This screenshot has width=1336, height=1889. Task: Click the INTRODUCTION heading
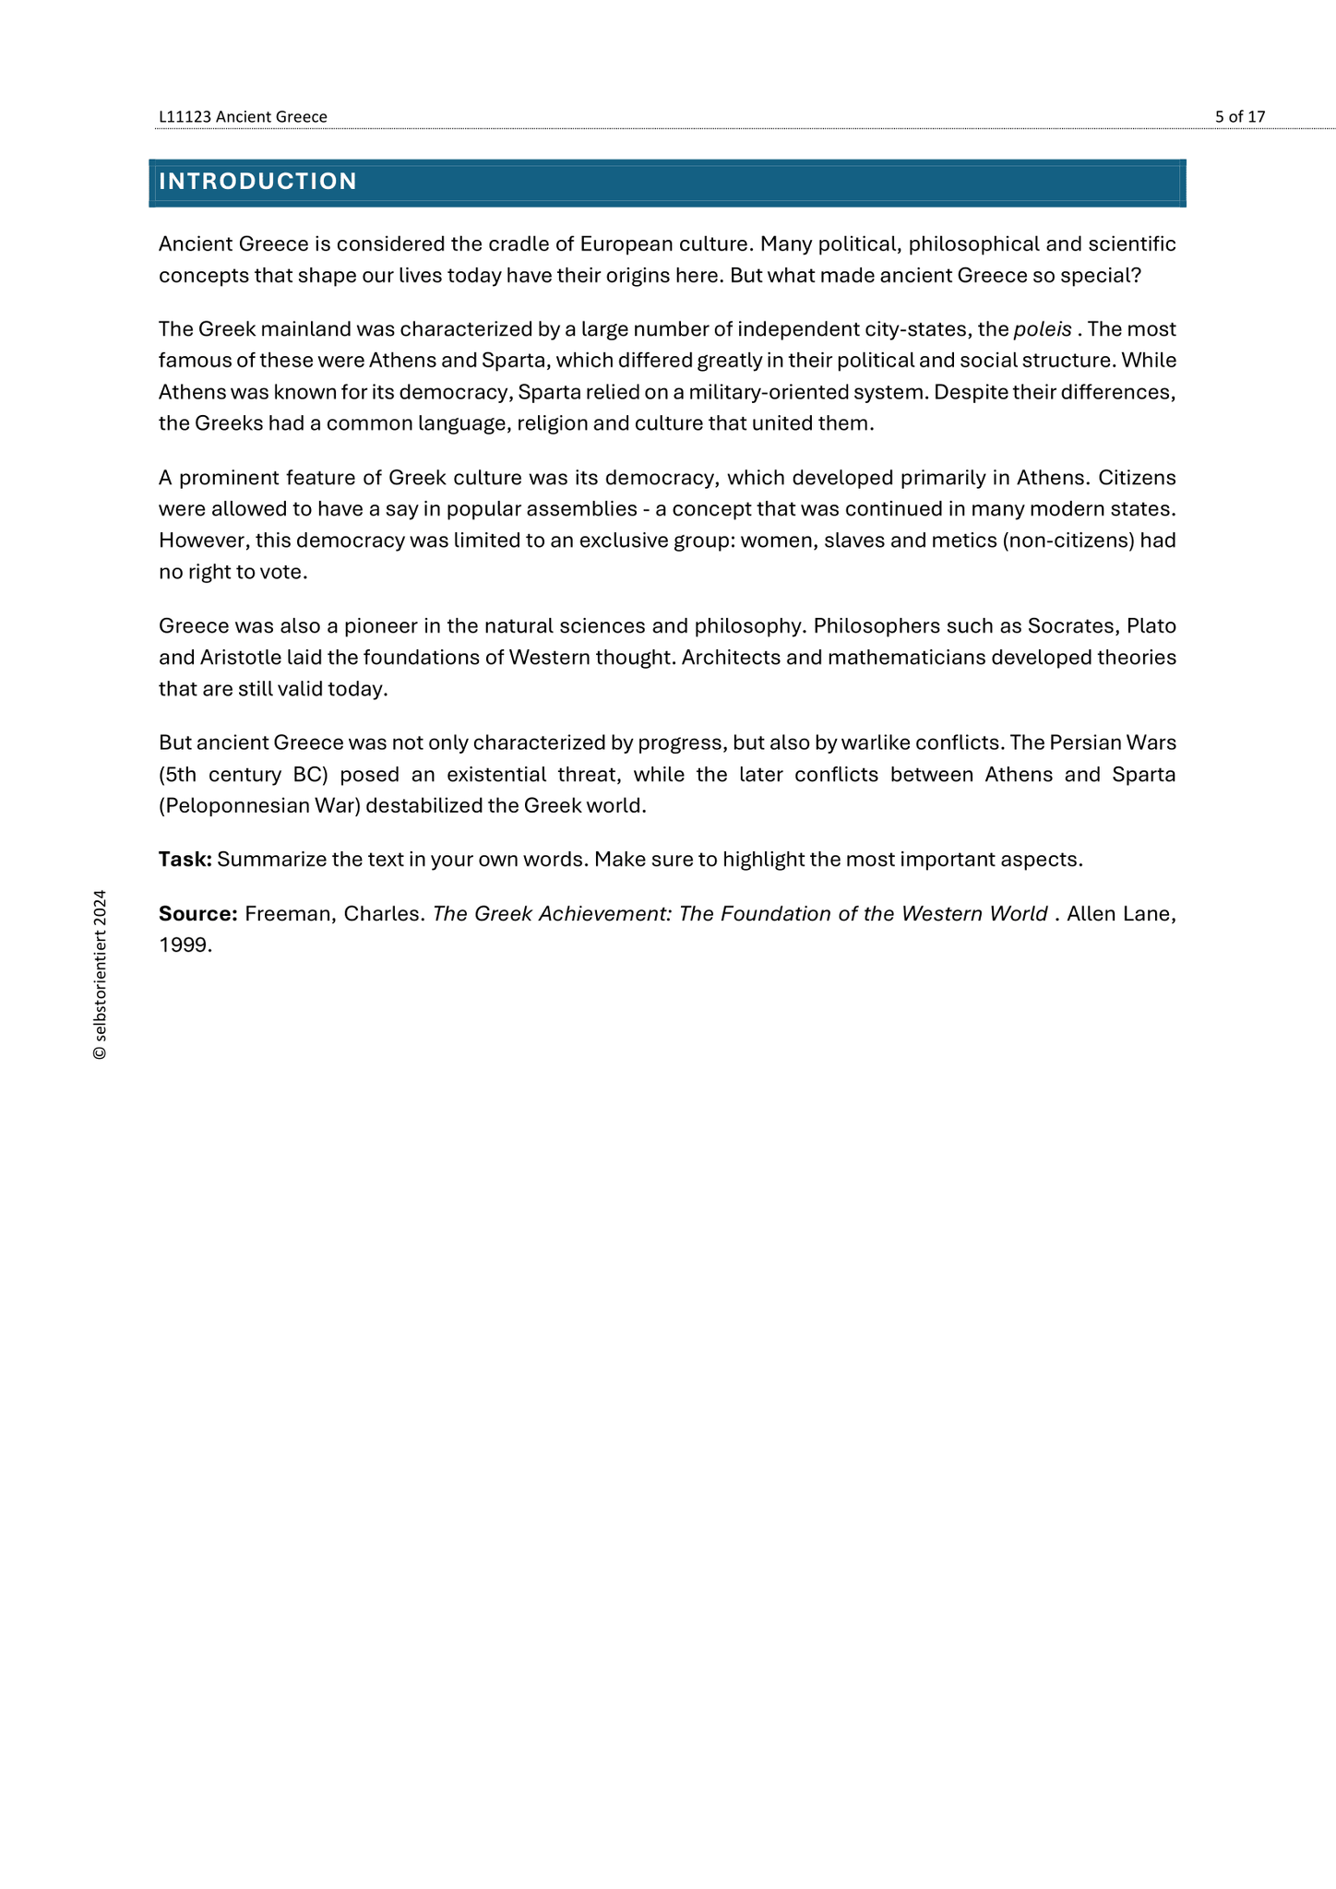pyautogui.click(x=257, y=182)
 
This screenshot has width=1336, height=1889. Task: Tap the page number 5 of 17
pyautogui.click(x=1239, y=117)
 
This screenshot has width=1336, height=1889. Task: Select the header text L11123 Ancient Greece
pyautogui.click(x=243, y=117)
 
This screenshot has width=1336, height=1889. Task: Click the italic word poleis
pyautogui.click(x=1043, y=329)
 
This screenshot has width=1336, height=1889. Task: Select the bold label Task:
pyautogui.click(x=185, y=860)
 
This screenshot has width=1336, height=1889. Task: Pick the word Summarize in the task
pyautogui.click(x=269, y=860)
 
